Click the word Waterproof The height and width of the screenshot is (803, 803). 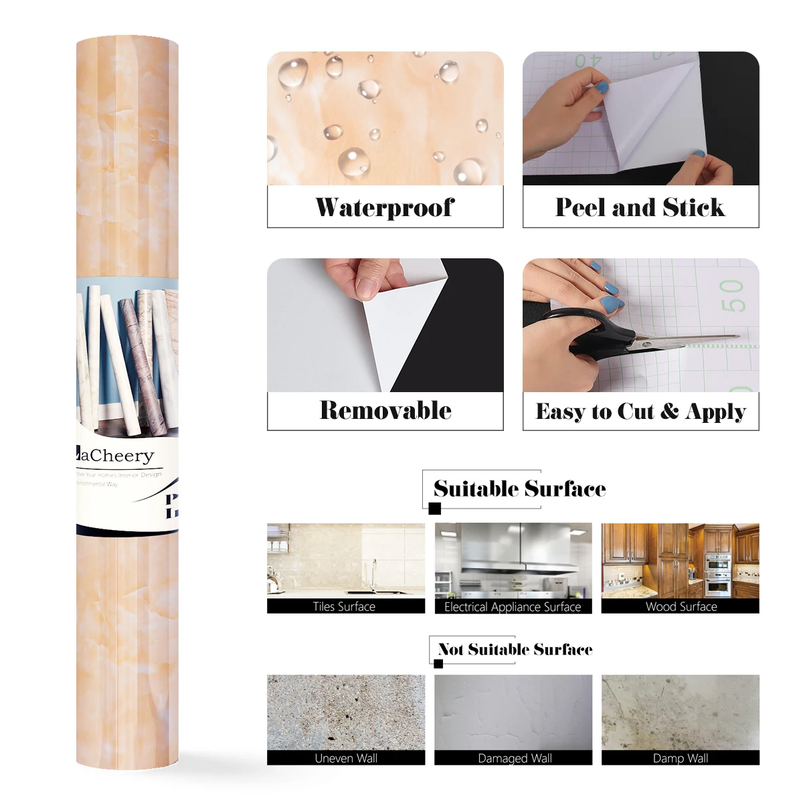(385, 207)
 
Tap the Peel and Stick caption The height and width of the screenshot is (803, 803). (640, 207)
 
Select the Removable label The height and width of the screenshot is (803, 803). (385, 410)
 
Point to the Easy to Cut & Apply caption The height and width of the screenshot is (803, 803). (640, 411)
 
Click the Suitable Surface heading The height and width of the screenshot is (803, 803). (519, 488)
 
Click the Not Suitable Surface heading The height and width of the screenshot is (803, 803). (515, 649)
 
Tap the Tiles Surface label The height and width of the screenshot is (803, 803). (344, 606)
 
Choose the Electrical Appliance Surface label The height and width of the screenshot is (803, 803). (513, 607)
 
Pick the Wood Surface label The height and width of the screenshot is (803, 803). (681, 606)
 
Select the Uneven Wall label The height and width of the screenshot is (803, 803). (346, 758)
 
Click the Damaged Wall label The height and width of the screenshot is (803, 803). (515, 758)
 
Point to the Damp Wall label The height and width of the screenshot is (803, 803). (681, 758)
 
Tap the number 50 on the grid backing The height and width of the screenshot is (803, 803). (732, 296)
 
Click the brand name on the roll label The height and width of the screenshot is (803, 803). (116, 456)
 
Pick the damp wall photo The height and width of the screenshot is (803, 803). (680, 712)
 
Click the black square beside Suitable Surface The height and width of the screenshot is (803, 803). (435, 509)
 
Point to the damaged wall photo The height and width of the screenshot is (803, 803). (513, 712)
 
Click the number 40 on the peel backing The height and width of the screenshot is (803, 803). (588, 61)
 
